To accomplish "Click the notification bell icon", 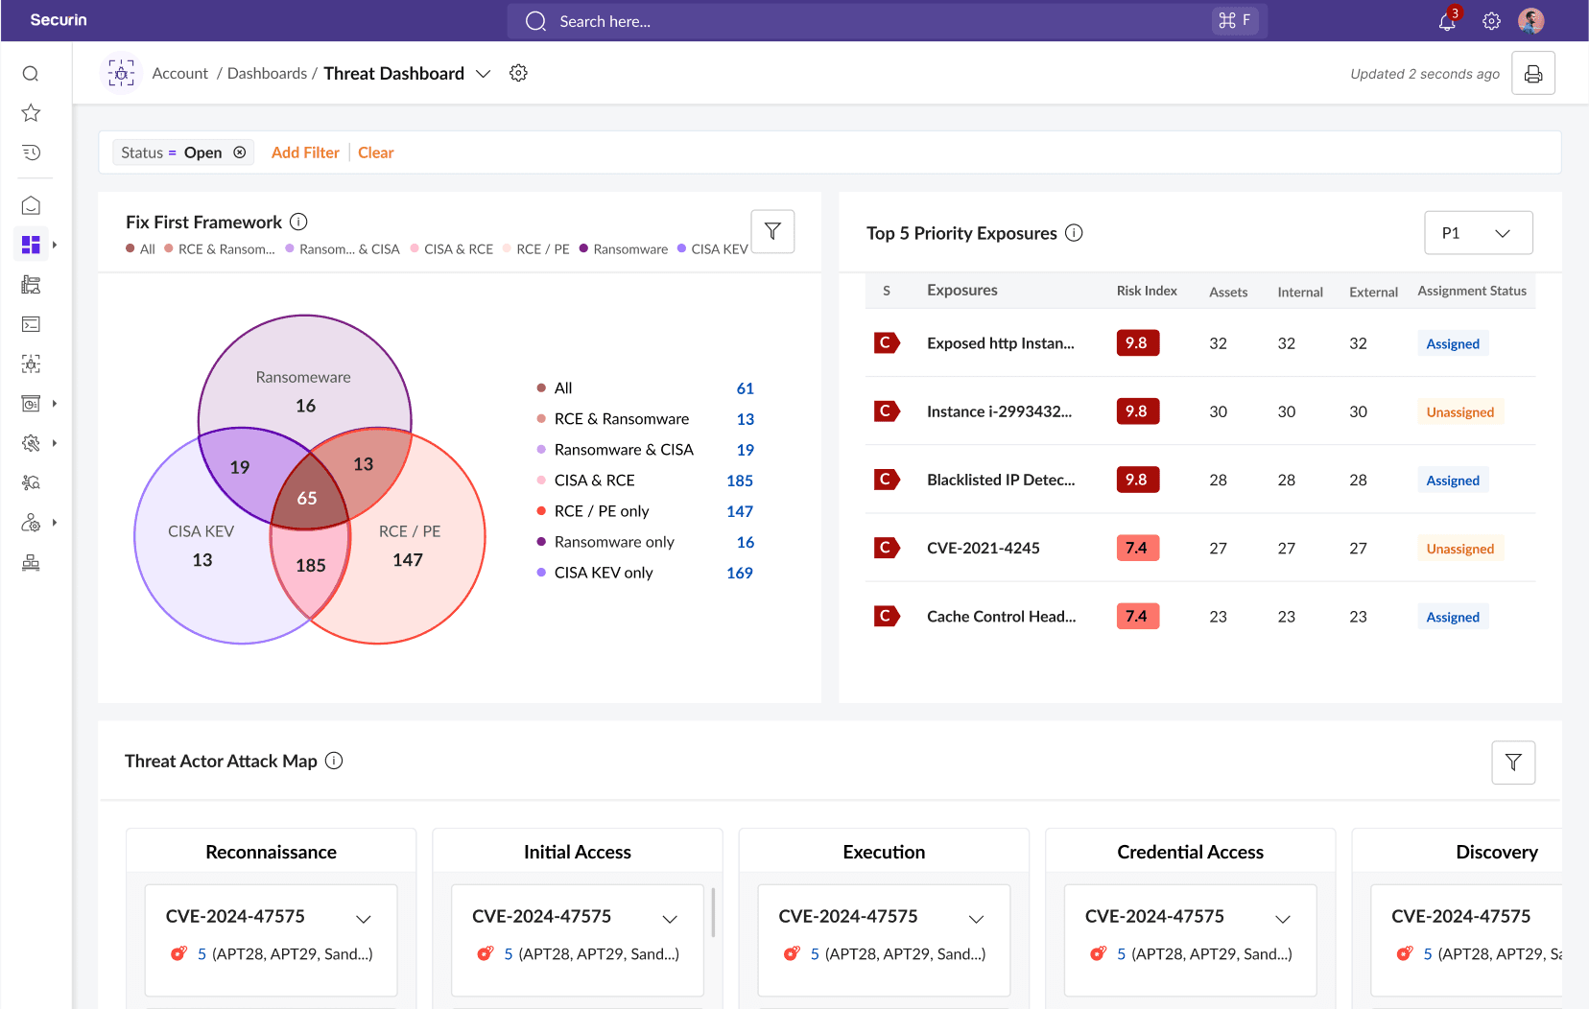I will pyautogui.click(x=1447, y=22).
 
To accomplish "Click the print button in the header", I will pyautogui.click(x=1532, y=74).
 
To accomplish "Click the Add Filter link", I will pyautogui.click(x=305, y=153).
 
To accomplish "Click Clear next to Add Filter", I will pyautogui.click(x=375, y=153).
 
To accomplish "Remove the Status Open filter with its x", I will pyautogui.click(x=240, y=153).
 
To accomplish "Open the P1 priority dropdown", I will pyautogui.click(x=1478, y=233).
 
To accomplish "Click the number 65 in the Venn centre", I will pyautogui.click(x=307, y=498).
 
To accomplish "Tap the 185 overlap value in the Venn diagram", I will pyautogui.click(x=310, y=565).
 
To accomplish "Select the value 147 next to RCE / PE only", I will pyautogui.click(x=739, y=511).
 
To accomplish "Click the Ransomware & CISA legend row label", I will pyautogui.click(x=624, y=450).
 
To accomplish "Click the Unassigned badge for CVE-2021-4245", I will pyautogui.click(x=1459, y=549).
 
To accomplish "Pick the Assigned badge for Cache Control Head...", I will pyautogui.click(x=1452, y=617).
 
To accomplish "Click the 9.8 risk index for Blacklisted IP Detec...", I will pyautogui.click(x=1137, y=480).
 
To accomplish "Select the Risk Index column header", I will pyautogui.click(x=1146, y=291).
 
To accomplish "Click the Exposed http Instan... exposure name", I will pyautogui.click(x=1000, y=343).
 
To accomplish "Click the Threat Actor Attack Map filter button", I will pyautogui.click(x=1513, y=763).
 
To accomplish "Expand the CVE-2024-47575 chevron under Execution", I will pyautogui.click(x=976, y=919).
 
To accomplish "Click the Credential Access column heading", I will pyautogui.click(x=1190, y=852).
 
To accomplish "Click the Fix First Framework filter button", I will pyautogui.click(x=772, y=231).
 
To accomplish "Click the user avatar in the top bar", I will pyautogui.click(x=1530, y=21).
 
